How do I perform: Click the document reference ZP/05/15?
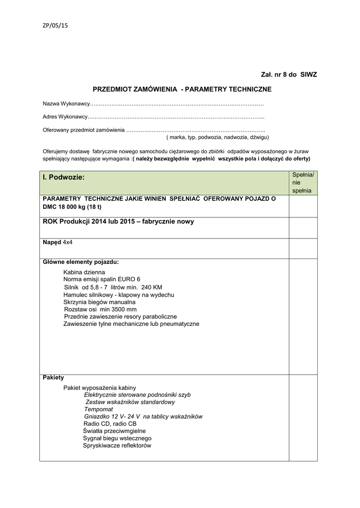[55, 26]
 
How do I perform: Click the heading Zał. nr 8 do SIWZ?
[288, 74]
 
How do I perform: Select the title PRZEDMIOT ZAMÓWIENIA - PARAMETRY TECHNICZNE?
[182, 89]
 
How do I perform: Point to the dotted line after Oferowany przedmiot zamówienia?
[196, 130]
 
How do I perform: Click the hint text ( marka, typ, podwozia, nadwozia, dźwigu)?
[217, 137]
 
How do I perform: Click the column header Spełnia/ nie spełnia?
[302, 183]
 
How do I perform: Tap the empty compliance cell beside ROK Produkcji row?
[303, 227]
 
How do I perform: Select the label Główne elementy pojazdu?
[80, 262]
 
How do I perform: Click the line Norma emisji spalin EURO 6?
[102, 279]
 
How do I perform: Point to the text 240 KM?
[151, 287]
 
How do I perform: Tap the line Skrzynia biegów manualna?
[99, 302]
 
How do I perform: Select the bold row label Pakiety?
[53, 378]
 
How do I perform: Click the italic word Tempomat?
[98, 409]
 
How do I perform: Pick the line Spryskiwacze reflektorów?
[117, 445]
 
